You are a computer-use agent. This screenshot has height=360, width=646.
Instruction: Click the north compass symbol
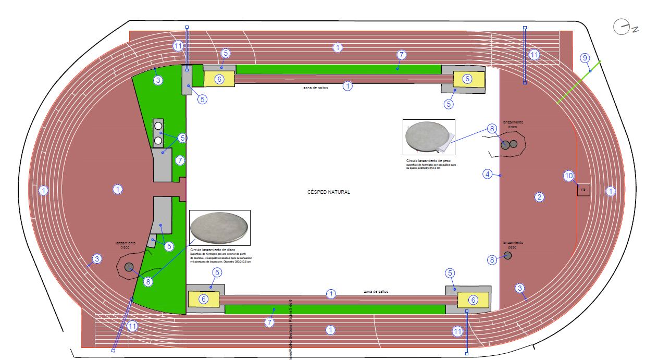click(622, 27)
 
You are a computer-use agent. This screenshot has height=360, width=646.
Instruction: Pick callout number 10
click(568, 176)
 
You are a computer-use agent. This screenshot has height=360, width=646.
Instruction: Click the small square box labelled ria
click(583, 190)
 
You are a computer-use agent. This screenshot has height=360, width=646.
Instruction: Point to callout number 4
click(487, 174)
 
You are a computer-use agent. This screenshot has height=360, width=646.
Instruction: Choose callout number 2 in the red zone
click(540, 197)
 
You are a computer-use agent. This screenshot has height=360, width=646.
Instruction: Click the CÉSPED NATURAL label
click(329, 192)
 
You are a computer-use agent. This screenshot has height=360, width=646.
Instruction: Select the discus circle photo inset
click(220, 228)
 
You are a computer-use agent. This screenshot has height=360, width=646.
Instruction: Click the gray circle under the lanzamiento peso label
click(508, 255)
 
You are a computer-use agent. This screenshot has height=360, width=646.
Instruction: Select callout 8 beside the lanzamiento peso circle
click(492, 259)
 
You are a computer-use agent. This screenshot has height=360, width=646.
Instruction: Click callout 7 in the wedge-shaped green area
click(180, 160)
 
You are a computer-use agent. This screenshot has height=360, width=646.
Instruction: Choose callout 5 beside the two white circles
click(182, 138)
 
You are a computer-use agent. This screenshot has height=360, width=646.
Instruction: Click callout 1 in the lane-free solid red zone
click(118, 189)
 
